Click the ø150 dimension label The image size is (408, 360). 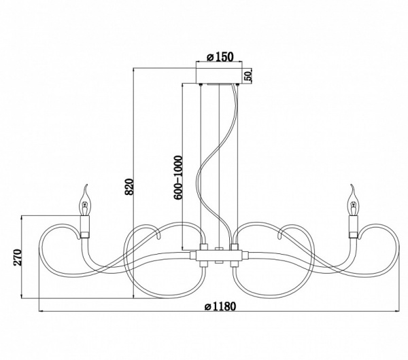(220, 57)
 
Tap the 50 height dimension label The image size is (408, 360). (248, 75)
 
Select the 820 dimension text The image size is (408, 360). (129, 187)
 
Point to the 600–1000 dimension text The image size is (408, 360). (178, 178)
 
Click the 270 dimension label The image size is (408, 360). (18, 257)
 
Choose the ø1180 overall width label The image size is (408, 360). (220, 306)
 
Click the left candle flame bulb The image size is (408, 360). (85, 200)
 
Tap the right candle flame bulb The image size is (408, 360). (353, 200)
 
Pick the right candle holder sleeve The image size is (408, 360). (354, 227)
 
